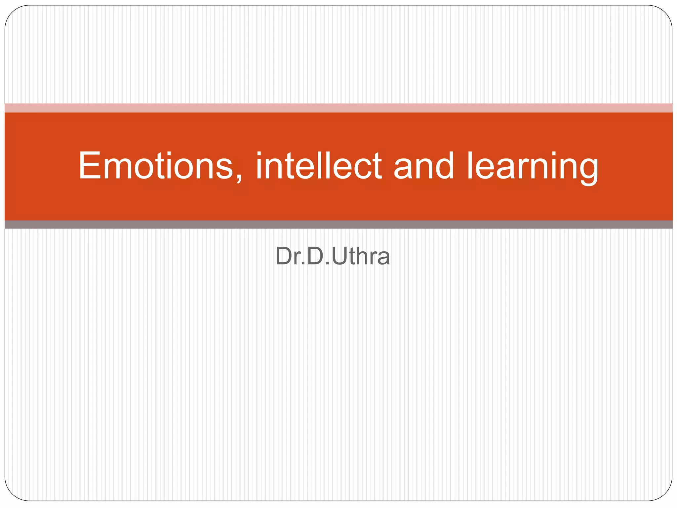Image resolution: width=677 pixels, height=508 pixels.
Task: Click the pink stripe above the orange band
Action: point(338,108)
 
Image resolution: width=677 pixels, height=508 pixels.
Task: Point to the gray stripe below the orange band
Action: point(338,225)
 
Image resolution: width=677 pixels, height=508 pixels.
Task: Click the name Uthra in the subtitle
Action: point(361,256)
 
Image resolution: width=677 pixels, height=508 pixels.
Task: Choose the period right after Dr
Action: point(303,264)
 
